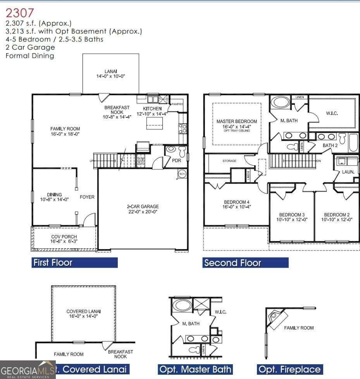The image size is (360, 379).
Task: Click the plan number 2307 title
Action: click(20, 14)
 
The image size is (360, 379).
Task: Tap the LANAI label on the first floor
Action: click(110, 71)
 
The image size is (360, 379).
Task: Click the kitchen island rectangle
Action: click(154, 123)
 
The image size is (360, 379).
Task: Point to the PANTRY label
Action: click(177, 104)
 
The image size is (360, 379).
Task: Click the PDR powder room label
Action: click(177, 160)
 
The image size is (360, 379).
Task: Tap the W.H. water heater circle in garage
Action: click(182, 174)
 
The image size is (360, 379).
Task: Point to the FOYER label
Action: click(87, 197)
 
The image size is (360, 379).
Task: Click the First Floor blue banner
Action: click(74, 263)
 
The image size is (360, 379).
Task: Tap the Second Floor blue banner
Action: click(245, 263)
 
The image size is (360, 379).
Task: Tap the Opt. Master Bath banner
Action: click(195, 369)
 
